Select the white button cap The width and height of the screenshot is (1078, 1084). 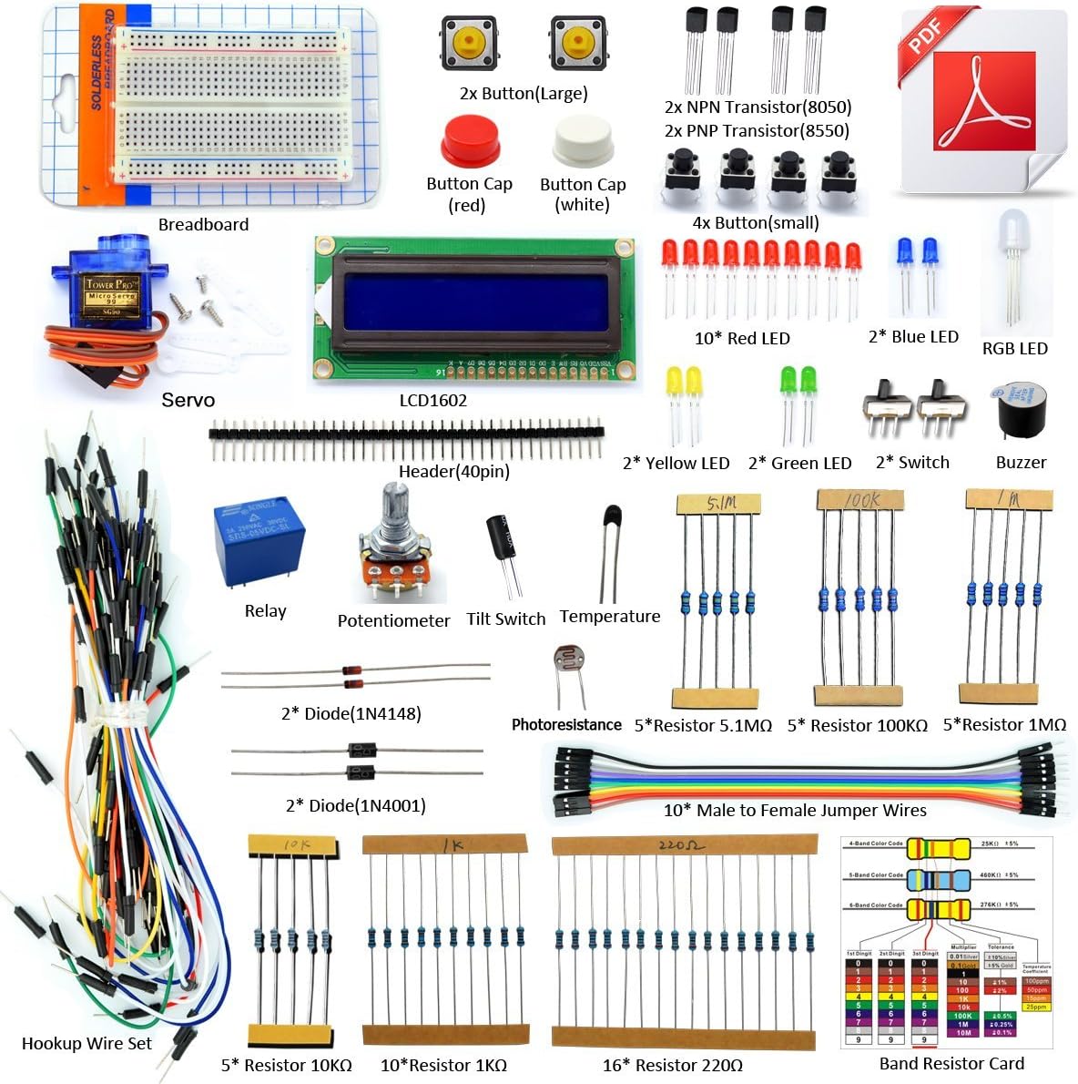click(x=583, y=143)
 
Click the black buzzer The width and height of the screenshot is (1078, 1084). click(x=1022, y=414)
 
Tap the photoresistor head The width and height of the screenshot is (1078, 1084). click(x=569, y=662)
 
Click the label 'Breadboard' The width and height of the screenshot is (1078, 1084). click(x=203, y=224)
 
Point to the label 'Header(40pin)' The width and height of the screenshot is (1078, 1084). click(x=453, y=471)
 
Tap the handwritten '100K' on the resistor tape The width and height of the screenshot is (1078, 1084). click(x=860, y=500)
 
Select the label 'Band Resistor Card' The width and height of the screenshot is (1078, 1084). click(x=951, y=1063)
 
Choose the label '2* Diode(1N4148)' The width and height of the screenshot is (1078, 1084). click(x=351, y=713)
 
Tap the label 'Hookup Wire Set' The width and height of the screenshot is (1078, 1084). click(x=86, y=1043)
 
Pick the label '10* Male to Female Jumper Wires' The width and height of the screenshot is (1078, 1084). click(x=794, y=810)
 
